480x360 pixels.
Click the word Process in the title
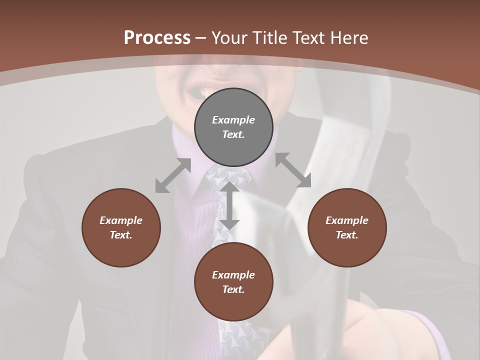click(x=157, y=38)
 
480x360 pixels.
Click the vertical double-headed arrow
click(x=229, y=205)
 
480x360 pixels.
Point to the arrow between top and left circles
click(x=173, y=175)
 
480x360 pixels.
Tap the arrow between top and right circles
click(x=293, y=170)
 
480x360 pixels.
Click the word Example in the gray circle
click(x=233, y=120)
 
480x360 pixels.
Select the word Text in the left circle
click(x=121, y=235)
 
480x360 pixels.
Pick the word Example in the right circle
click(x=347, y=220)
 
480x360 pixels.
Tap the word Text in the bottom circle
click(x=233, y=289)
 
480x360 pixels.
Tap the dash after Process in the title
click(x=201, y=38)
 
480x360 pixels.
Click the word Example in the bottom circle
click(x=233, y=275)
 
